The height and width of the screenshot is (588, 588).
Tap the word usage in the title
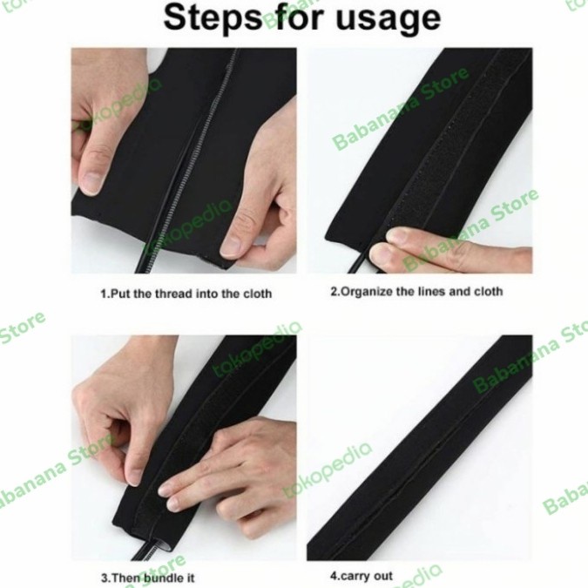coord(389,19)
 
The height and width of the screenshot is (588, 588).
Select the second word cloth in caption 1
coord(253,294)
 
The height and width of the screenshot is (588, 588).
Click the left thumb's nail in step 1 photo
coord(92,182)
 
